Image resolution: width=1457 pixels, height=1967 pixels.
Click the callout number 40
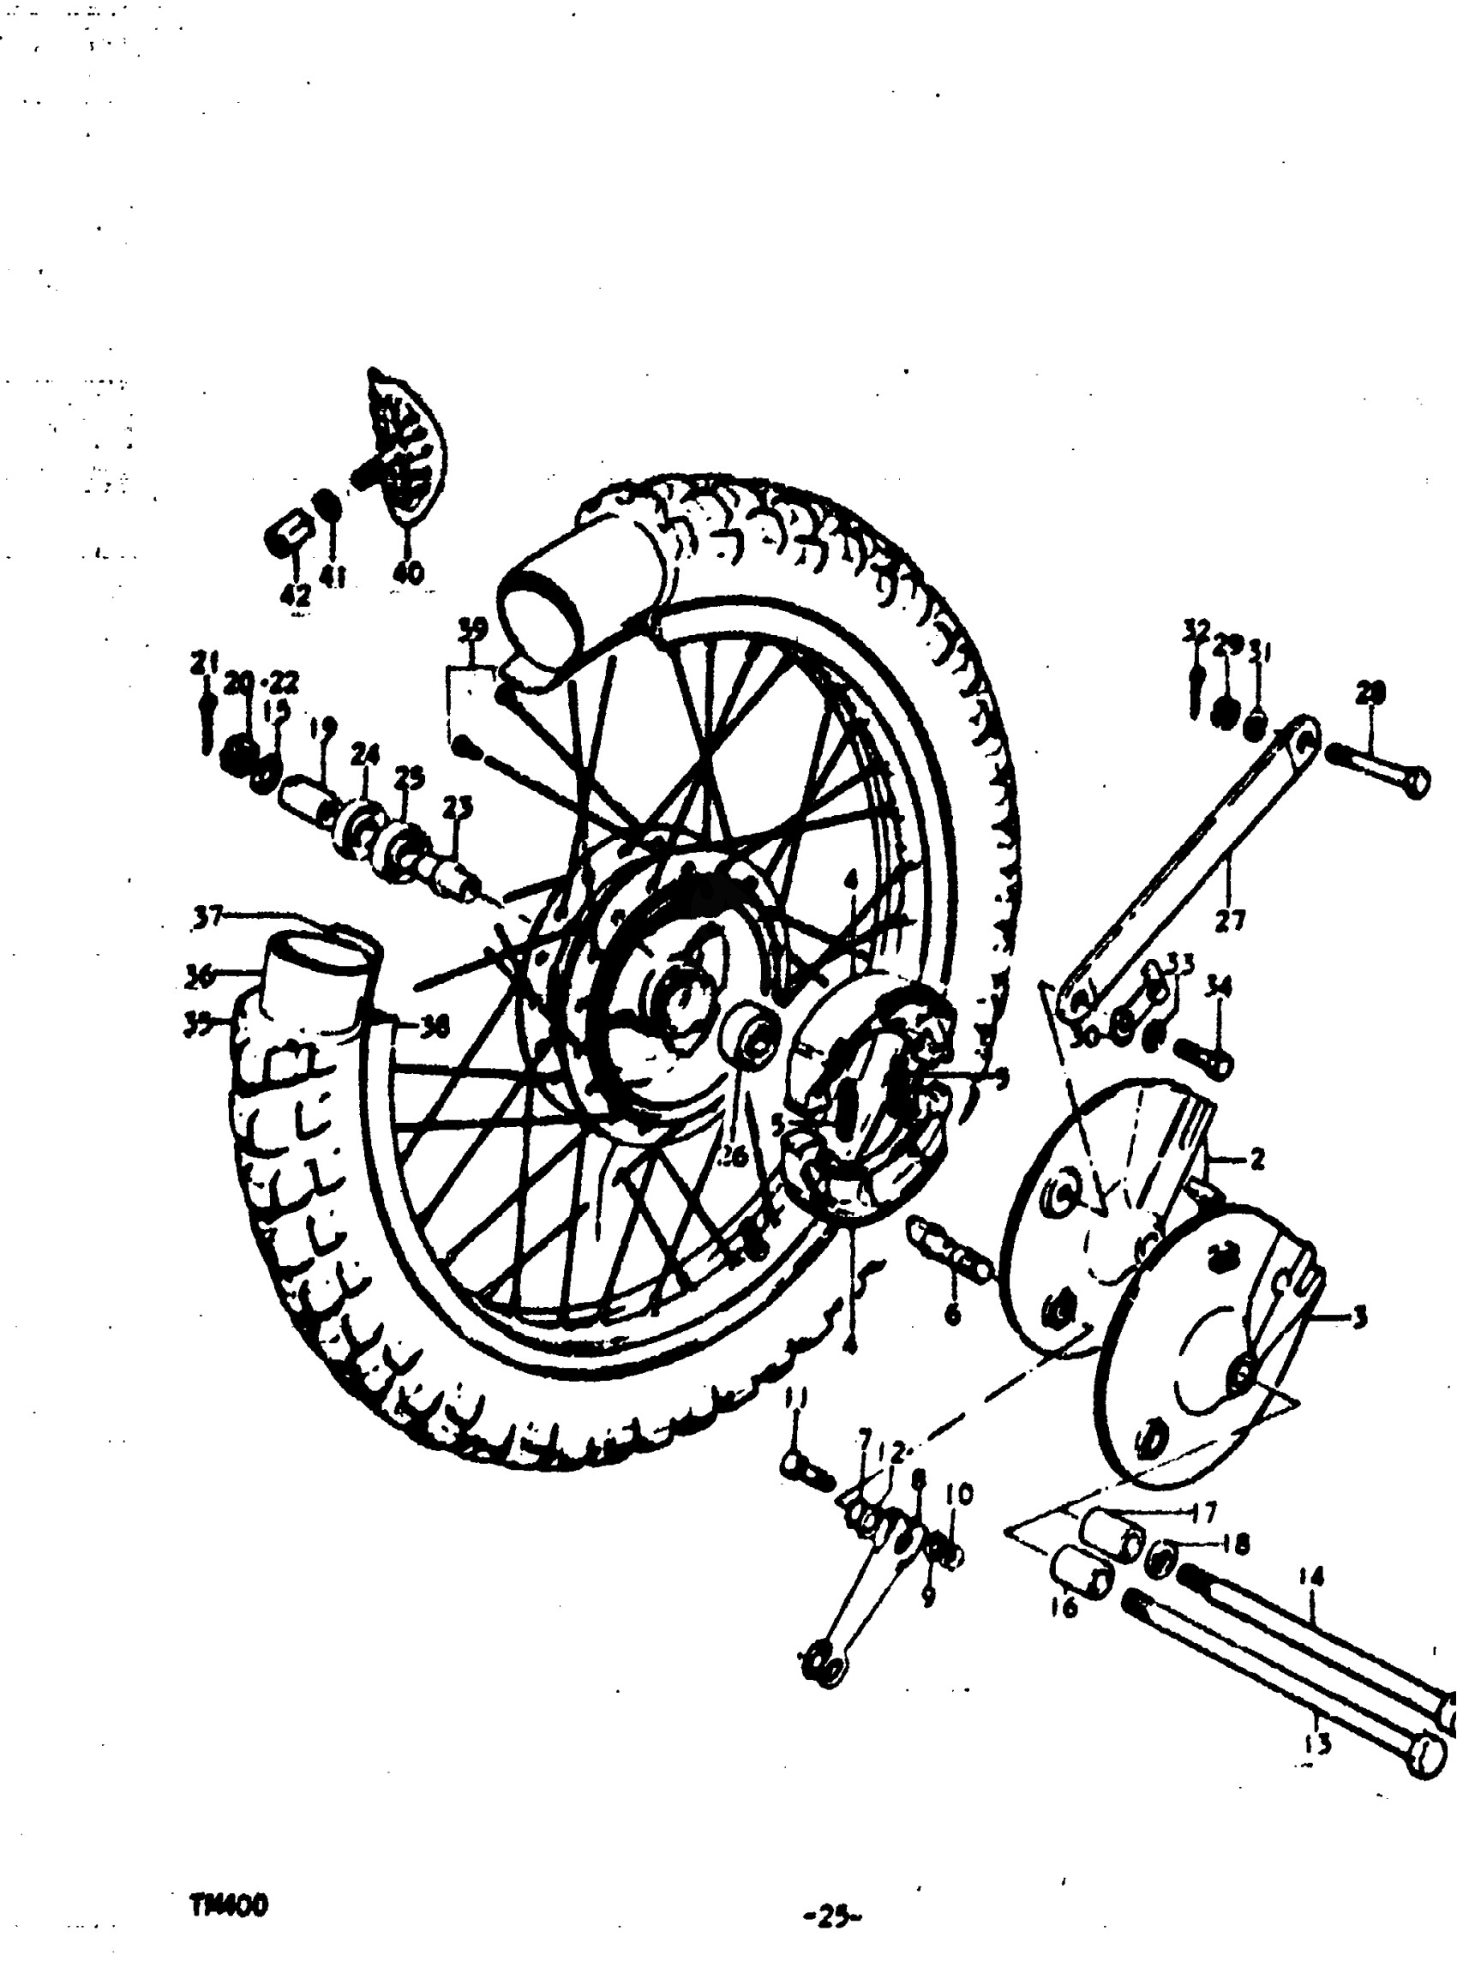point(407,573)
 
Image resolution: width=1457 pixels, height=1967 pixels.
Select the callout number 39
point(473,630)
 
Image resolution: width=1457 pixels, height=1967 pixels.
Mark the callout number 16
point(1064,1608)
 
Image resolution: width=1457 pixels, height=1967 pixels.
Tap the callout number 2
point(1257,1159)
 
